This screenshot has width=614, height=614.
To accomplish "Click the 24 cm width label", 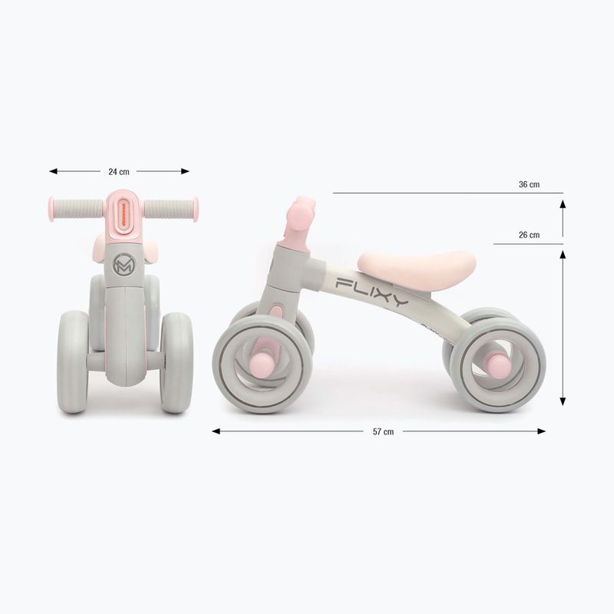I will (x=119, y=172).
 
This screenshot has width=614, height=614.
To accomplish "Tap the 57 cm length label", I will (x=383, y=431).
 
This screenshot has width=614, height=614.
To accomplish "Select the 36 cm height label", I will (x=529, y=184).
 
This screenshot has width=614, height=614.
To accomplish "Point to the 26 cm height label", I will (x=529, y=235).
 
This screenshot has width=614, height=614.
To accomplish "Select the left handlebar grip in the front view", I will (x=76, y=208).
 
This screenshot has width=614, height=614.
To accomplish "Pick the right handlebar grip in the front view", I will (x=170, y=208).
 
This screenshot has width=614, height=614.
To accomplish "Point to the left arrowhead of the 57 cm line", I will (x=216, y=431).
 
